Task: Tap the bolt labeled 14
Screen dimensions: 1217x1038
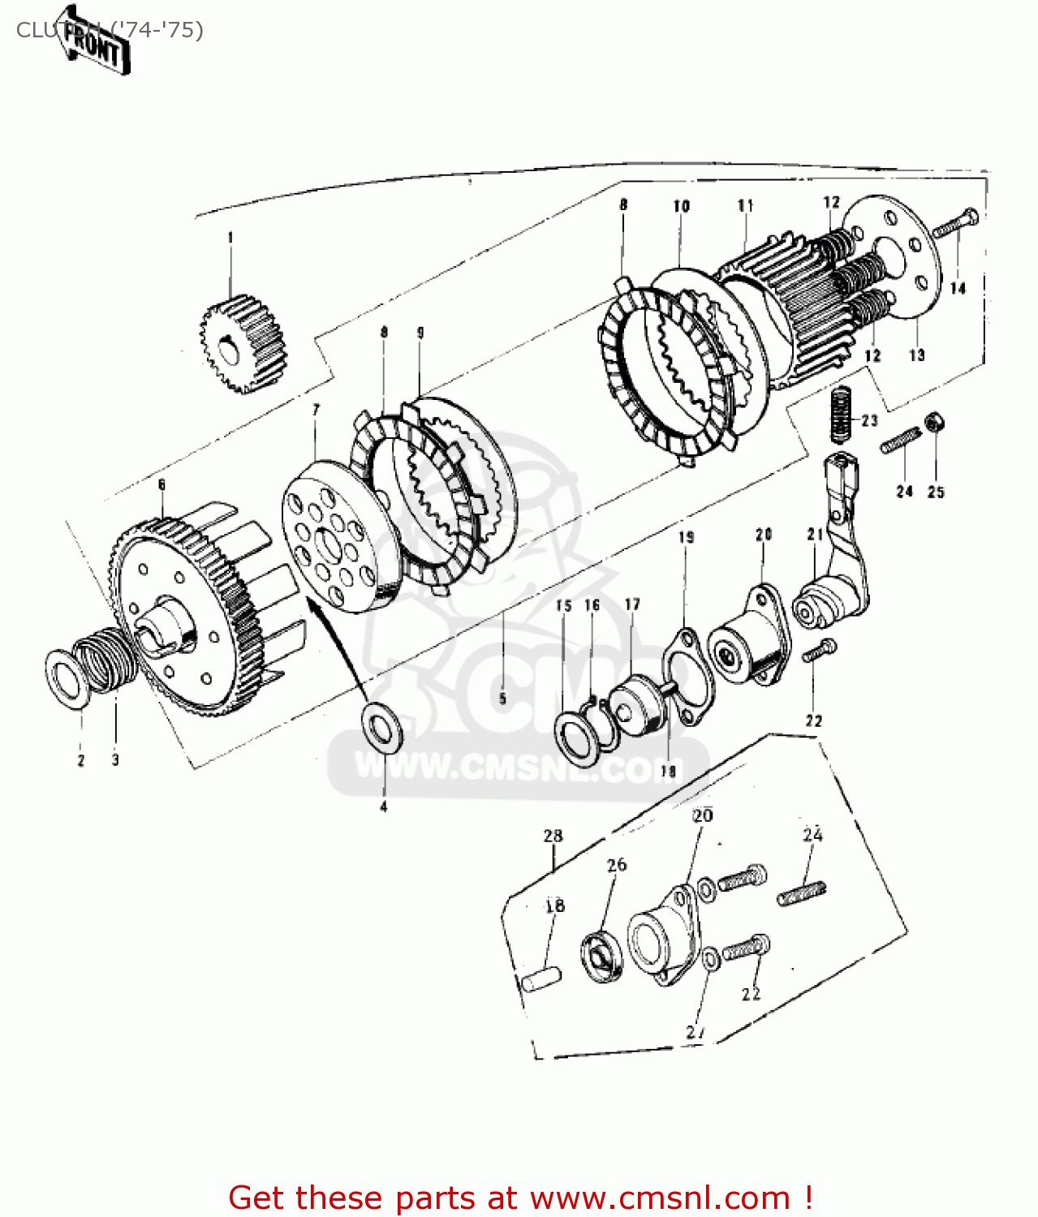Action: pyautogui.click(x=955, y=224)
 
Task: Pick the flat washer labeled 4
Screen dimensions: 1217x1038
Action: pyautogui.click(x=381, y=726)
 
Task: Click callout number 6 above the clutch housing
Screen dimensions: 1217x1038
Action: pyautogui.click(x=162, y=484)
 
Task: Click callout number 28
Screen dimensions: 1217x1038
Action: pyautogui.click(x=553, y=836)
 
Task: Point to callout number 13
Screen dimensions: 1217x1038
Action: pyautogui.click(x=916, y=355)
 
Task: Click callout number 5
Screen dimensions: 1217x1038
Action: pyautogui.click(x=502, y=699)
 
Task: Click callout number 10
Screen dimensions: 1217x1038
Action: pyautogui.click(x=681, y=206)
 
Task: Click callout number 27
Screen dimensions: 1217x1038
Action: pyautogui.click(x=696, y=1032)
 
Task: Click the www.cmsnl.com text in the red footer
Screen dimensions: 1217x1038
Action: pyautogui.click(x=660, y=1198)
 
